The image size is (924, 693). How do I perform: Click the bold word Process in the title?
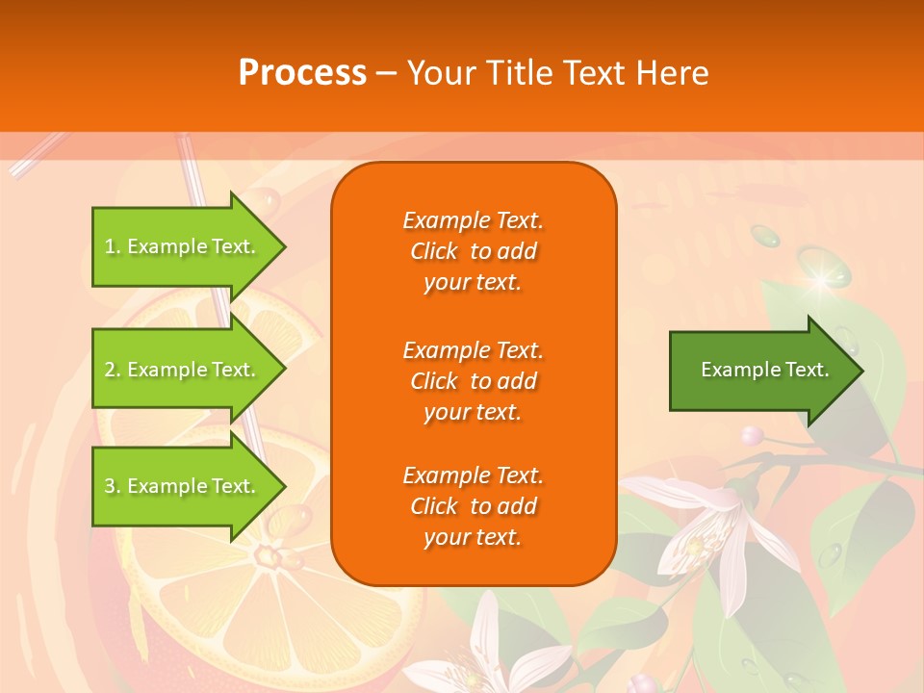(x=302, y=73)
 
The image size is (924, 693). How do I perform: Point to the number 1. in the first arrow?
(x=113, y=247)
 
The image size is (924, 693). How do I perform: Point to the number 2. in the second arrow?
(x=113, y=370)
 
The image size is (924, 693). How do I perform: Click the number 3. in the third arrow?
(x=113, y=486)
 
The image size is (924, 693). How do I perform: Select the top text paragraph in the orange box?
(x=473, y=251)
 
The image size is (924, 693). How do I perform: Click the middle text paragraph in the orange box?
(x=473, y=381)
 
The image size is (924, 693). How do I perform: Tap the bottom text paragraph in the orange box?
(x=473, y=506)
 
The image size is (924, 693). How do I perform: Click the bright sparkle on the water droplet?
(x=821, y=279)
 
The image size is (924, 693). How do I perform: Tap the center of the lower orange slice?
(x=265, y=556)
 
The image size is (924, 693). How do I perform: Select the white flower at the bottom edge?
(x=491, y=654)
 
